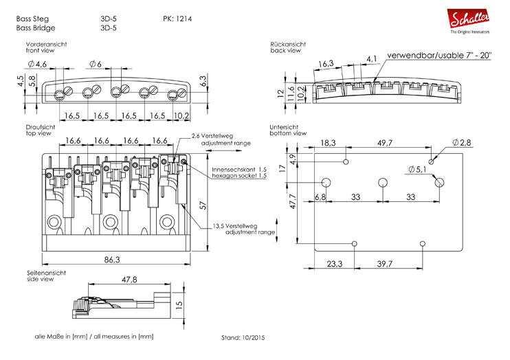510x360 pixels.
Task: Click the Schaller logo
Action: click(x=469, y=19)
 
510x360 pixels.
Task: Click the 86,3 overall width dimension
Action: click(x=111, y=260)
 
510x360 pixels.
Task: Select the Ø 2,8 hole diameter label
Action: click(x=462, y=143)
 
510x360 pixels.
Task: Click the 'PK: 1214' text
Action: click(x=177, y=18)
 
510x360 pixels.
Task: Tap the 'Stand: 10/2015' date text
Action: click(x=243, y=338)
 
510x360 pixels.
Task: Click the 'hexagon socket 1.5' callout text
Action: click(x=240, y=176)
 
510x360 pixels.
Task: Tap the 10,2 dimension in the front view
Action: click(x=182, y=115)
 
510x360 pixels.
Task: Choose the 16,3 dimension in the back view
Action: click(x=326, y=64)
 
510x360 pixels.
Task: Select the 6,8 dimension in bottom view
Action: click(x=320, y=196)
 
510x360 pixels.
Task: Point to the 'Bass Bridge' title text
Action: click(x=35, y=28)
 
